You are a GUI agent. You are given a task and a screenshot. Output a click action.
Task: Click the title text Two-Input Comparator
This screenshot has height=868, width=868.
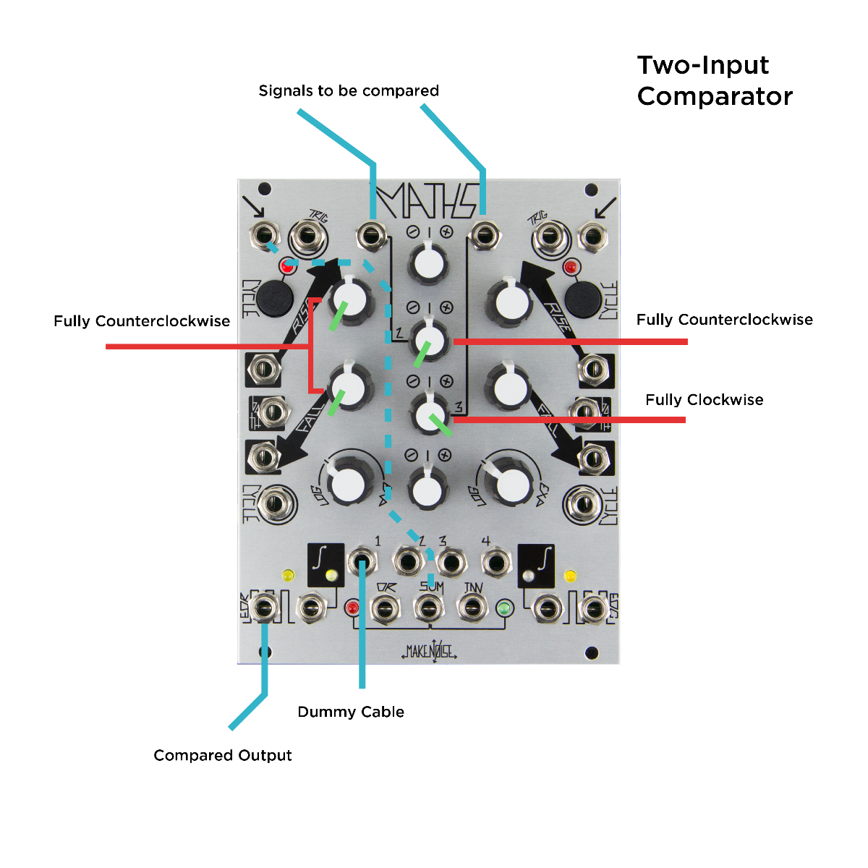(x=715, y=80)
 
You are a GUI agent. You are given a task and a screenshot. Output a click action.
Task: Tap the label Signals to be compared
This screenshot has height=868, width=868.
(x=349, y=91)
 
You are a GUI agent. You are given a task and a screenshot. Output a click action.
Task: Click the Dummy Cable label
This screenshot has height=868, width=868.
(x=351, y=712)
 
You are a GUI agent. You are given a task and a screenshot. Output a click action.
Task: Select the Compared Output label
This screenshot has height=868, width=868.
(x=223, y=755)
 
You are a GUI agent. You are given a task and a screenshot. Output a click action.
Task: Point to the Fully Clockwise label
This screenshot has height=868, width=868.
(x=704, y=400)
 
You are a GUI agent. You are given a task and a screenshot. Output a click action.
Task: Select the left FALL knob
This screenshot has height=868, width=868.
(x=350, y=386)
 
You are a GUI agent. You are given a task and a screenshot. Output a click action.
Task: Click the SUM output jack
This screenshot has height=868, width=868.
(x=428, y=608)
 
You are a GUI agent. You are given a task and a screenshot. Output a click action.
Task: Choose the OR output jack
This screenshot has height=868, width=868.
(x=384, y=608)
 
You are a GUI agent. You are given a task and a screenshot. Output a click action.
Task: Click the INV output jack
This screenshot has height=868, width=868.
(x=472, y=608)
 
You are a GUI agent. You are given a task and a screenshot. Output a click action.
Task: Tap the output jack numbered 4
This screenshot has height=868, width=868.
(x=495, y=562)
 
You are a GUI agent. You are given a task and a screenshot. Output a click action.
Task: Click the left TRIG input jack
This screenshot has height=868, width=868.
(x=308, y=235)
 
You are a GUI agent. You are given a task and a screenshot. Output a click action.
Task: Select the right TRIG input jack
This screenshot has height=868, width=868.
(x=550, y=235)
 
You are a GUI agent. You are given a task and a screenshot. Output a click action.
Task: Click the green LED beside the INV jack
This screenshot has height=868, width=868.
(x=504, y=608)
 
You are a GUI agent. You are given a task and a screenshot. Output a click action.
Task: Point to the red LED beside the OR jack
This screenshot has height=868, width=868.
(x=353, y=608)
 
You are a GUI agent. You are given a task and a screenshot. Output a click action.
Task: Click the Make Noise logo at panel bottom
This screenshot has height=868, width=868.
(x=429, y=651)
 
